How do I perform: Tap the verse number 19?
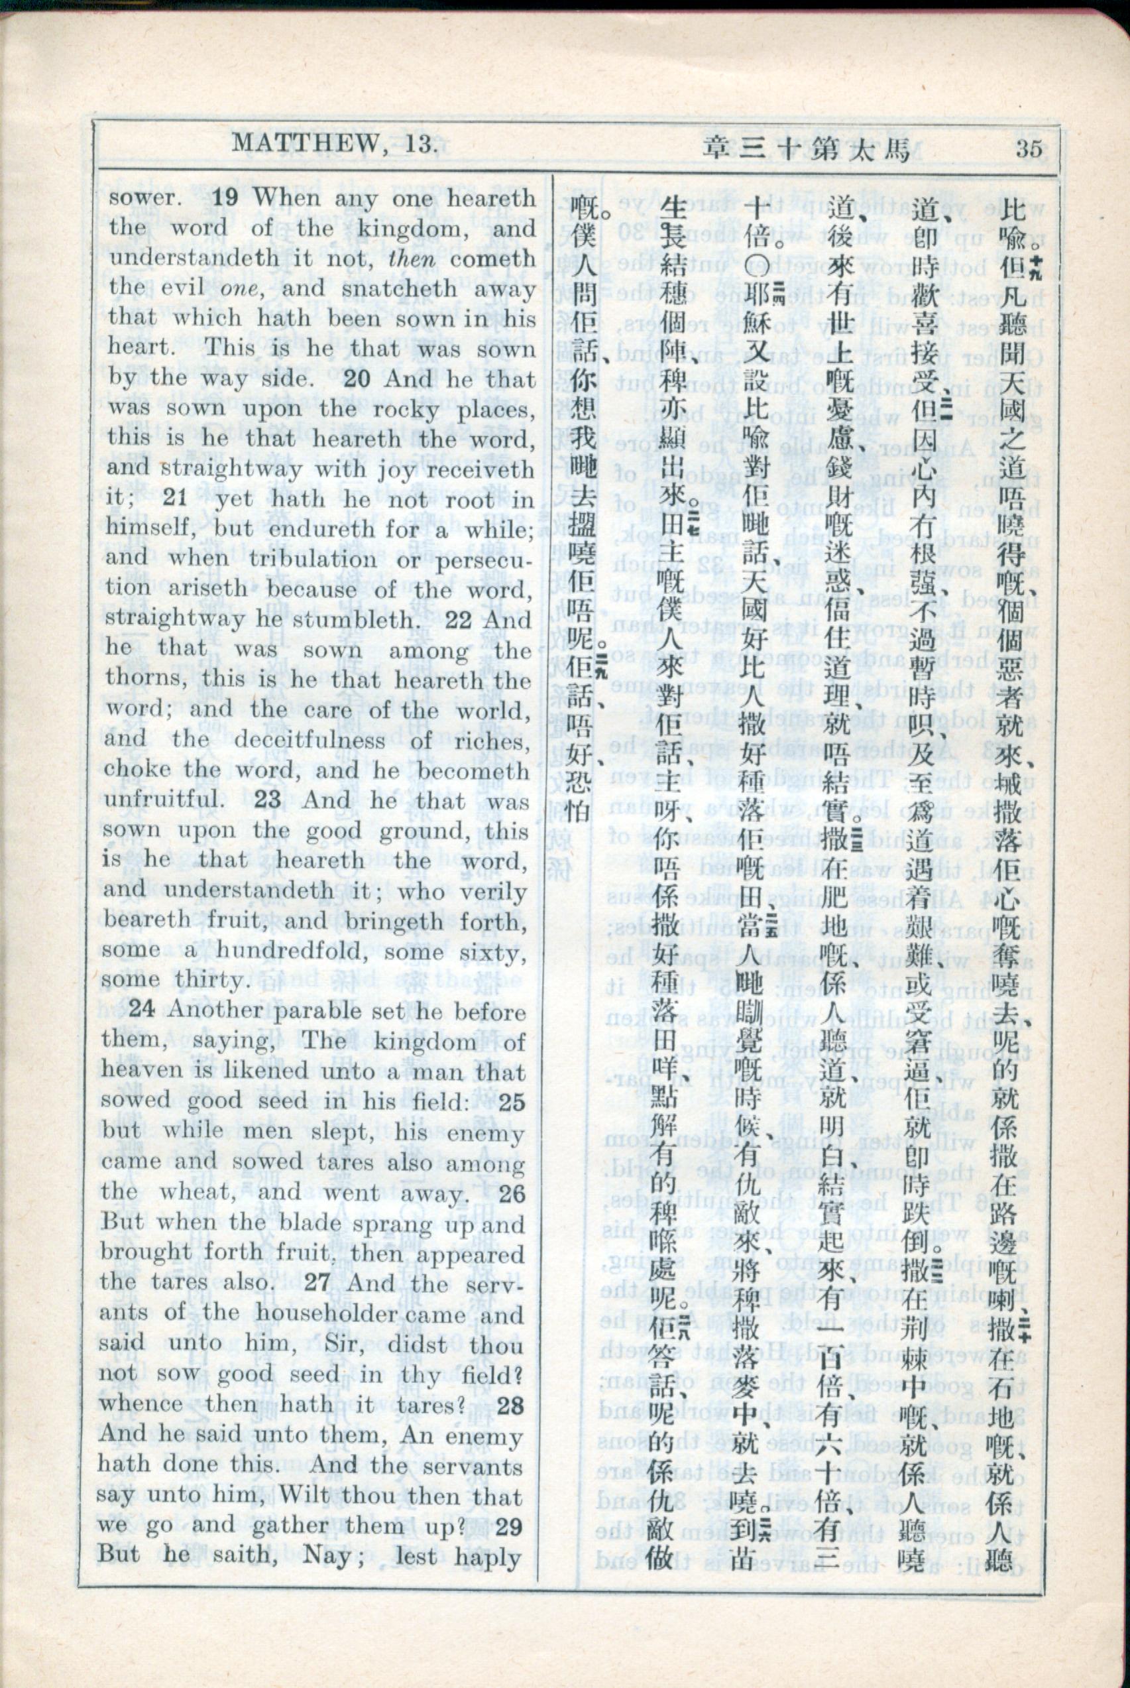pyautogui.click(x=225, y=197)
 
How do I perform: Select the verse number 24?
pyautogui.click(x=141, y=1010)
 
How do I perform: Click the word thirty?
pyautogui.click(x=208, y=980)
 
